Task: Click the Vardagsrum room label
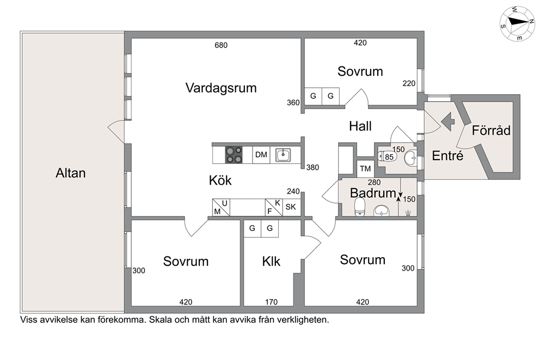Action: tap(221, 88)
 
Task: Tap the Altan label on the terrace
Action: tap(71, 173)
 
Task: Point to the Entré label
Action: tap(447, 156)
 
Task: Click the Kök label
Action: tap(220, 180)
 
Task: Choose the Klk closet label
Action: tap(271, 261)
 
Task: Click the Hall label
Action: tap(360, 126)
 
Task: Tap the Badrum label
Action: tap(373, 193)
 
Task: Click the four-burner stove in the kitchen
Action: tap(234, 155)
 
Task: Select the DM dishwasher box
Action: tap(261, 155)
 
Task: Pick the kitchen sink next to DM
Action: tap(283, 155)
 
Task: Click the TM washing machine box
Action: tap(365, 169)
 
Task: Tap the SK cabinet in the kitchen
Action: tap(291, 207)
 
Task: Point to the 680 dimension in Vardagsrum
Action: tap(221, 45)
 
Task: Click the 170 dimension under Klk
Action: tap(272, 302)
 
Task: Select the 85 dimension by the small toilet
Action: tap(389, 157)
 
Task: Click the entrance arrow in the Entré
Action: tap(448, 121)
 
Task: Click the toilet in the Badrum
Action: tap(360, 207)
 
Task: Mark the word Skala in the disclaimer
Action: tap(160, 320)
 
